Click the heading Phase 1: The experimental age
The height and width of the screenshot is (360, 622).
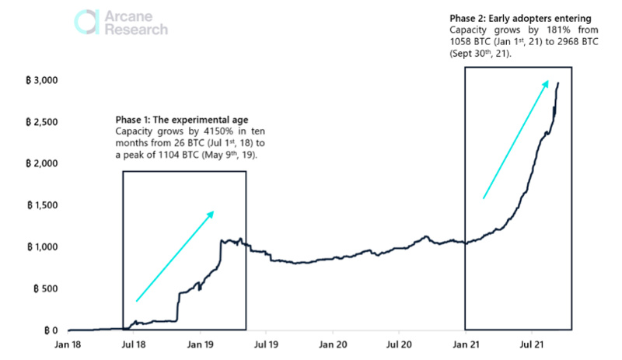click(x=182, y=120)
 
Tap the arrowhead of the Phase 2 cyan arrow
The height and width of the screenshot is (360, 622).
click(x=547, y=83)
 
